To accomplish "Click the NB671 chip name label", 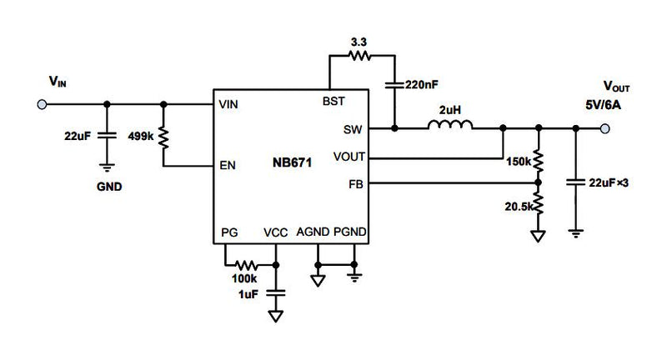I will pos(291,163).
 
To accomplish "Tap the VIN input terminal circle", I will pos(39,104).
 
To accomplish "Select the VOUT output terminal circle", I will pos(604,128).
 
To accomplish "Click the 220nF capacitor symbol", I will pos(394,84).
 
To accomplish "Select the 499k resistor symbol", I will pos(163,136).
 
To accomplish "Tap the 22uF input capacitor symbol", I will pos(107,135).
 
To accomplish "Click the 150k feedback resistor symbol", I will pos(539,160).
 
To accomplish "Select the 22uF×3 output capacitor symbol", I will pos(575,181).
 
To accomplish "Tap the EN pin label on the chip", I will pos(226,165).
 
